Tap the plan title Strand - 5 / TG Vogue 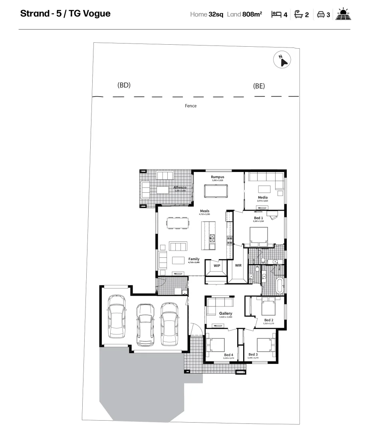65,14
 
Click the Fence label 190,106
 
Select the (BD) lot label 124,85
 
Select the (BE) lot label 259,86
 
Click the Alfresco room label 180,187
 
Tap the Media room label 262,197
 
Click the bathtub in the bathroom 280,286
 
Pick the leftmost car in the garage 116,316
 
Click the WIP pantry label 217,265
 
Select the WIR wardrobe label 238,265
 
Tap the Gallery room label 226,313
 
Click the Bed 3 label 253,354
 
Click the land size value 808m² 252,14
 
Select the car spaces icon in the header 320,14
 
